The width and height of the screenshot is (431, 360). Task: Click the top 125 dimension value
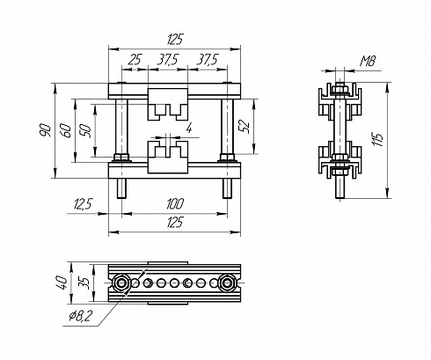point(175,40)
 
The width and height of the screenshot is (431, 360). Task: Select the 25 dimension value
point(135,60)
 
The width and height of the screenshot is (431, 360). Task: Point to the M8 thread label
point(368,61)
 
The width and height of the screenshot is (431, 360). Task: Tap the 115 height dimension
point(377,140)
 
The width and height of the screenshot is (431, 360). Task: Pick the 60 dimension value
point(65,131)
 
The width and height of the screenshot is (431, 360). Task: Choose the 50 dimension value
point(85,131)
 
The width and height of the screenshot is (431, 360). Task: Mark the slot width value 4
point(189,128)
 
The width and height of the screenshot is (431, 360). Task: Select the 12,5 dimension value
point(84,204)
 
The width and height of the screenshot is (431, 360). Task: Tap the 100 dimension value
point(175,203)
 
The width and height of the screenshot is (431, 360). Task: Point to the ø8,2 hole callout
point(80,316)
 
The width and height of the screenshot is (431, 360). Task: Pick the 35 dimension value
point(84,283)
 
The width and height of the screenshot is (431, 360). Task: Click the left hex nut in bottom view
point(121,283)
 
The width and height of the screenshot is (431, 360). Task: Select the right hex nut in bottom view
point(227,283)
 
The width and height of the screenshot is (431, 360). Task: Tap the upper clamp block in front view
point(168,104)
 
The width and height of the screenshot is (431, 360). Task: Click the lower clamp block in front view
point(168,157)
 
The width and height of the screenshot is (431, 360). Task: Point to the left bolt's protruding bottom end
point(121,188)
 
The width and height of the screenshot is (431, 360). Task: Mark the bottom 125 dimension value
point(175,222)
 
